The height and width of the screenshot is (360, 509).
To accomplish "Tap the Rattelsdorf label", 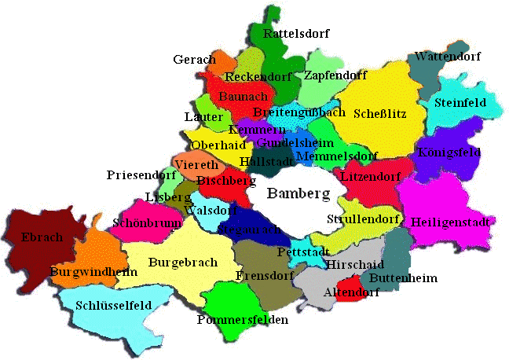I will point(296,34).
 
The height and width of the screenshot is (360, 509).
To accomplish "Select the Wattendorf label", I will point(447,57).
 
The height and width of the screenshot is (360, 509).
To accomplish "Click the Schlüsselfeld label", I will point(115,303).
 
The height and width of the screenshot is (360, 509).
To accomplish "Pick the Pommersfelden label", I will point(243,320).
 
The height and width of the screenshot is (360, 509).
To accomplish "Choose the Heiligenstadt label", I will point(451,222).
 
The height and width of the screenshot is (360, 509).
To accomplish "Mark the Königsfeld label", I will point(449,152).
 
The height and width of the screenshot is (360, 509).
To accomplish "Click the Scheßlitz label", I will point(380,113).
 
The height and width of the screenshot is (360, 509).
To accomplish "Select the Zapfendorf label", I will point(335,75).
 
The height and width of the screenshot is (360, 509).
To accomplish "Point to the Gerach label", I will point(194,60).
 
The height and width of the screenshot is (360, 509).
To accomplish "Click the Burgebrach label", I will point(181,260).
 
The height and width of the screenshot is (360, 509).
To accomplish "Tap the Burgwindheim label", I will point(93,272).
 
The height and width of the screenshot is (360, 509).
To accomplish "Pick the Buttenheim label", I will point(403,278).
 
